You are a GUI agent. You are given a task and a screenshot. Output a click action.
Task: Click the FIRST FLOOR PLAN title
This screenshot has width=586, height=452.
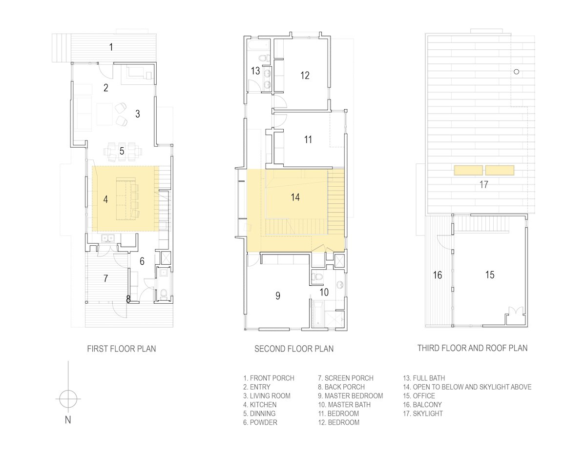click(x=122, y=349)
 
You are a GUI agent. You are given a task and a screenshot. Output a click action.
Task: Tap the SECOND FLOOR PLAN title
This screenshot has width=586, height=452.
click(x=294, y=349)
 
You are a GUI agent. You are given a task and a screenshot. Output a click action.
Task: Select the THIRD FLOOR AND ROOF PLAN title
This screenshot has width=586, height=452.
click(x=473, y=348)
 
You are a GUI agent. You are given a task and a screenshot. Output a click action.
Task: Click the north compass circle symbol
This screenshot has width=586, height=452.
click(x=68, y=399)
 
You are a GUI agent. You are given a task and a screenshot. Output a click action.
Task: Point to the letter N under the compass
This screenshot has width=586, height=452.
click(x=68, y=420)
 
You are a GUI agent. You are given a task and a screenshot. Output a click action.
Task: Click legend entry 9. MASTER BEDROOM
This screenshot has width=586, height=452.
click(x=351, y=396)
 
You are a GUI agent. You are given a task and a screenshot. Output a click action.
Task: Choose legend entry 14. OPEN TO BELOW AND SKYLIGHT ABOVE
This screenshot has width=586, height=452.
click(x=467, y=387)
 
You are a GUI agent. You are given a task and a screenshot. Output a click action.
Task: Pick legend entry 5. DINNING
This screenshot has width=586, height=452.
click(x=259, y=413)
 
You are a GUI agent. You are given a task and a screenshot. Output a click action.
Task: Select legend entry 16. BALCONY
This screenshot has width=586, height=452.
click(x=422, y=405)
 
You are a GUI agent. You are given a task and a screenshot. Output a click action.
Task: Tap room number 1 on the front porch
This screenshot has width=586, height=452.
click(x=111, y=47)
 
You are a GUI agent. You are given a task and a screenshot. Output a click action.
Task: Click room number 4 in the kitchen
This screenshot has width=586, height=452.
click(x=105, y=199)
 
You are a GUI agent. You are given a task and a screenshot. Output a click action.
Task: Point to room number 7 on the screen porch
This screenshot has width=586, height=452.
click(x=105, y=278)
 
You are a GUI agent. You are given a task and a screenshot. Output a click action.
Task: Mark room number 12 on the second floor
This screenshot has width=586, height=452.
click(x=305, y=76)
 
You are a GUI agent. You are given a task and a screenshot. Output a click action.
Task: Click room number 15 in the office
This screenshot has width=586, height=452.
click(x=490, y=275)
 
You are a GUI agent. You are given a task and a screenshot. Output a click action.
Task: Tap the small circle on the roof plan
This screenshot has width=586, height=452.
click(x=517, y=72)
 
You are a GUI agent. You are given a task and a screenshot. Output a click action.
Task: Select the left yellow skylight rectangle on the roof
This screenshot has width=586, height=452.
click(x=468, y=170)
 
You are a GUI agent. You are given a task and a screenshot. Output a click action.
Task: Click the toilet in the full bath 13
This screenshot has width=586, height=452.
click(x=264, y=58)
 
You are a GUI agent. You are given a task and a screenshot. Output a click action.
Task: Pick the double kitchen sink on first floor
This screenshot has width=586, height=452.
click(x=108, y=238)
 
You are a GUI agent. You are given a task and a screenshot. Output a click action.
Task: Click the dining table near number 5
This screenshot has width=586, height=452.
click(x=122, y=152)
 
